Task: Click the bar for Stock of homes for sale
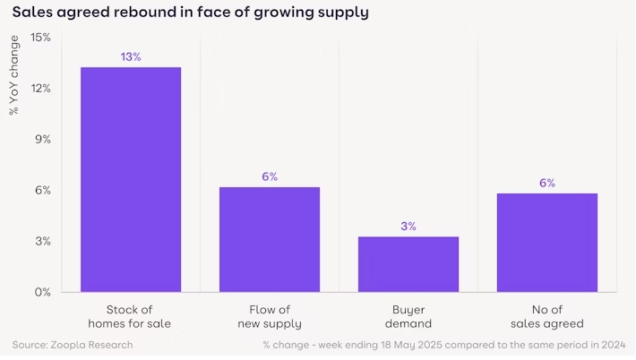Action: click(131, 179)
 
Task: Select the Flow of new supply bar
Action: click(270, 239)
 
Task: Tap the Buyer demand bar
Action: click(408, 264)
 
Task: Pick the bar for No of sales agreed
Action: click(546, 242)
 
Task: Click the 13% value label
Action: click(131, 57)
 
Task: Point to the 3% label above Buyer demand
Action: click(408, 227)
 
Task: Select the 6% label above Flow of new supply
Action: click(270, 177)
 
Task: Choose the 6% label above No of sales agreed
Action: click(546, 184)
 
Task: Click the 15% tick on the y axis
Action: click(40, 38)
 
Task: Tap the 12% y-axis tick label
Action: click(40, 89)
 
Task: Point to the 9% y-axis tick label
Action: click(43, 140)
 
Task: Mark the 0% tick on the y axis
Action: click(43, 292)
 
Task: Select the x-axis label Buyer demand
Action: click(408, 315)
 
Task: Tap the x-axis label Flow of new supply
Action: click(270, 315)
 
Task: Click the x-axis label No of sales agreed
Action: click(546, 315)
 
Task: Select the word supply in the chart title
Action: click(339, 13)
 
